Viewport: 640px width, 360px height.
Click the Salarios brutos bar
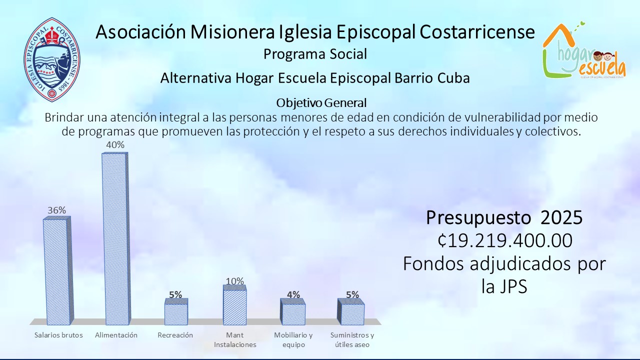click(58, 271)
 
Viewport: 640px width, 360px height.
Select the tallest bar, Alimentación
click(115, 239)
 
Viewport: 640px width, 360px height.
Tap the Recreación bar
click(176, 311)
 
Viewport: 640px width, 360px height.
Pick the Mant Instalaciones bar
click(234, 305)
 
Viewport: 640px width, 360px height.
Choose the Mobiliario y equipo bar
click(293, 311)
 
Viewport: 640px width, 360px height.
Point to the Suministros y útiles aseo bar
click(351, 311)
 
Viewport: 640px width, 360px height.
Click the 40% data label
click(115, 145)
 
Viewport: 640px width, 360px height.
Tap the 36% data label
click(56, 210)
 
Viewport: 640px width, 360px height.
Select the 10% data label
click(235, 281)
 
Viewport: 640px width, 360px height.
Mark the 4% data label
click(293, 294)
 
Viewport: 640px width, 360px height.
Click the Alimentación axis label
click(116, 335)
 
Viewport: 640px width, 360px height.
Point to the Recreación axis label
click(175, 335)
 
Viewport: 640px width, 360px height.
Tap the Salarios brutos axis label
click(58, 335)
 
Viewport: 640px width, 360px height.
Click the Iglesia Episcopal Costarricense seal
click(52, 59)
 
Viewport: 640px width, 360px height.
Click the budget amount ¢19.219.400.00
click(505, 240)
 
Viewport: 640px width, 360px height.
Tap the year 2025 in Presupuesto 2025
click(561, 217)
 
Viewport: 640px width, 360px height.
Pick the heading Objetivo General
click(321, 103)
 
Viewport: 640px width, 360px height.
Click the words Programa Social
click(315, 54)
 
